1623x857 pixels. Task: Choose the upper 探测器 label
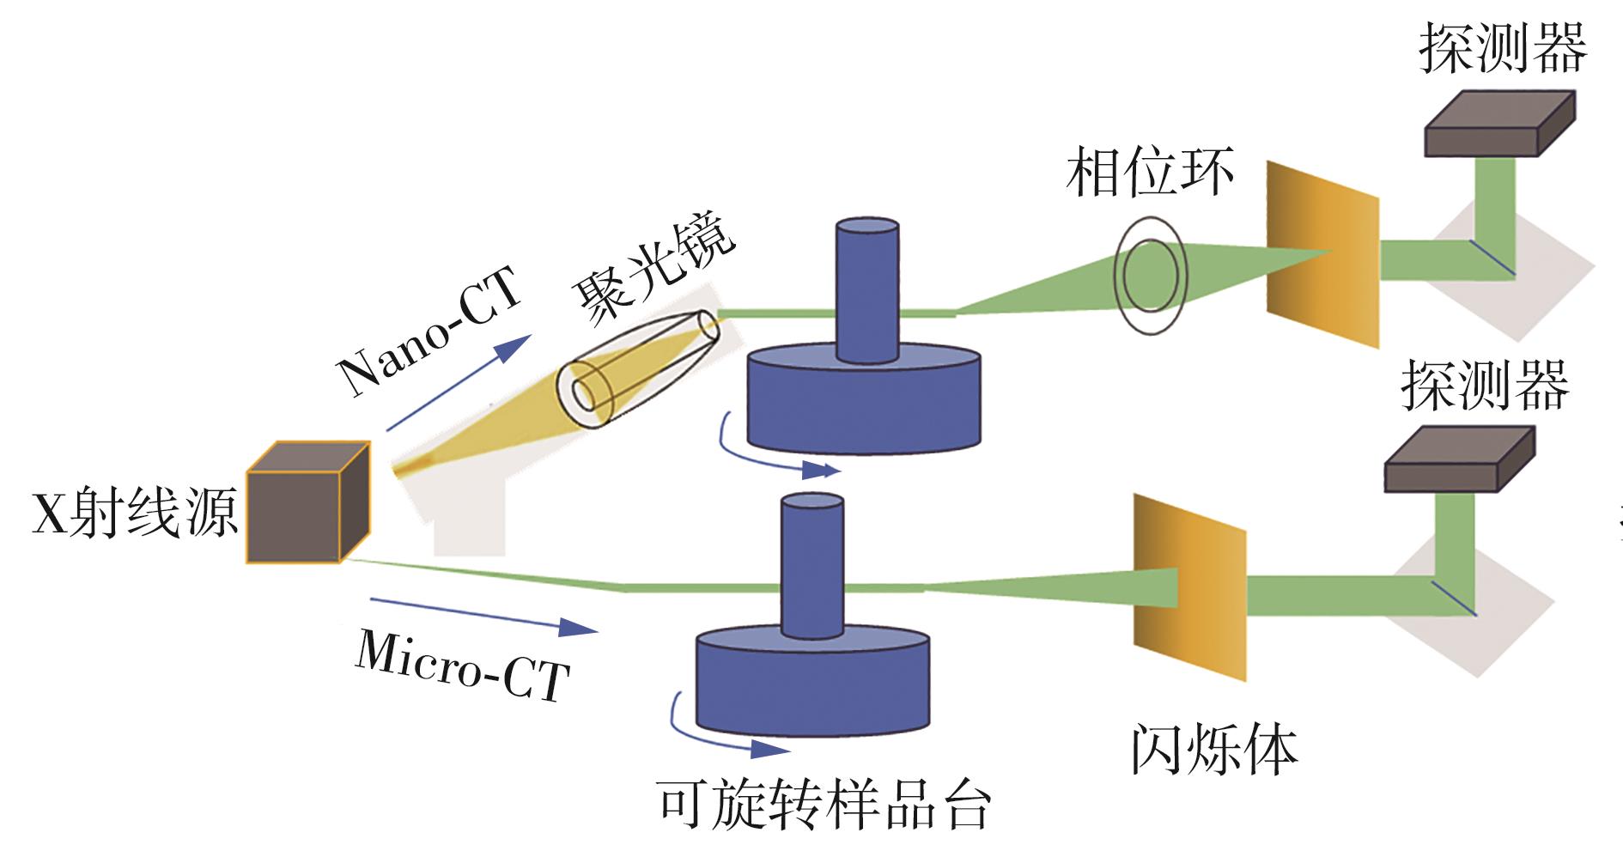coord(1503,48)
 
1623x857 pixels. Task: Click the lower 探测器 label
coord(1485,386)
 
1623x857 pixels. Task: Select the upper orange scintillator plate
coord(1322,253)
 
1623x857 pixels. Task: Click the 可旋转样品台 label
coord(824,805)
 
